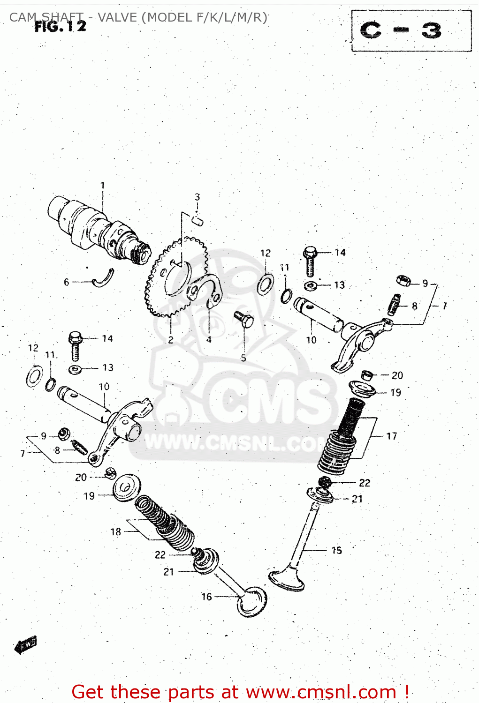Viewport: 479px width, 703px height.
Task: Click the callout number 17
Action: tap(392, 436)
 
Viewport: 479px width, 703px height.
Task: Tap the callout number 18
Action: tap(115, 532)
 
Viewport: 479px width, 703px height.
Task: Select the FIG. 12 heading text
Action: tap(61, 26)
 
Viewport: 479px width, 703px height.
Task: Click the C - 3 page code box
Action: tap(411, 31)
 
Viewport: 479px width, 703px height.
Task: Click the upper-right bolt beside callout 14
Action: tap(310, 261)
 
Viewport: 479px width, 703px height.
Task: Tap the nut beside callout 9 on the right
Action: tap(403, 281)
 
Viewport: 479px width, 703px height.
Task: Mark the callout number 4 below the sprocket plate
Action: tap(209, 340)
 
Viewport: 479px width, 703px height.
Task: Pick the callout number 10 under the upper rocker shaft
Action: tap(312, 340)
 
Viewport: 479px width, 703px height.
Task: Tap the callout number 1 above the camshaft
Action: tap(103, 186)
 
